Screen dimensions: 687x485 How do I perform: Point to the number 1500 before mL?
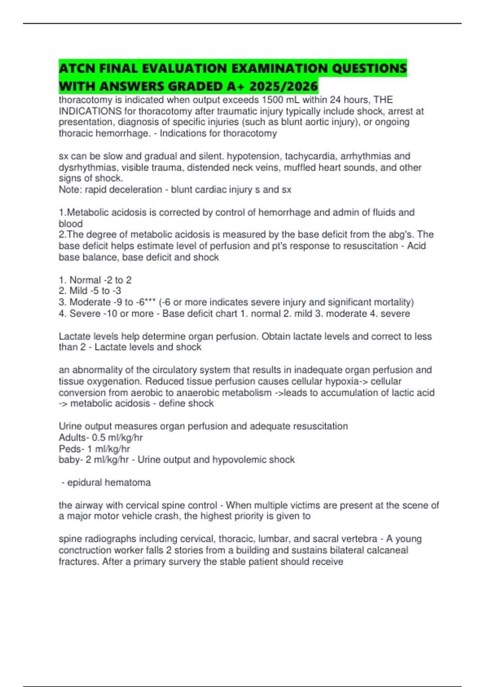coord(272,100)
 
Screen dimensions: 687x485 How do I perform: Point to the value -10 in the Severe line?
coord(110,313)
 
